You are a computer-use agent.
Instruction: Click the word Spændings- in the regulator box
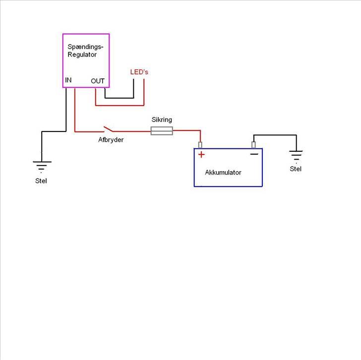pyautogui.click(x=85, y=47)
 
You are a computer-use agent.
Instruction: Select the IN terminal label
pyautogui.click(x=68, y=80)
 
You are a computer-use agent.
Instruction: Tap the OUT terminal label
pyautogui.click(x=98, y=81)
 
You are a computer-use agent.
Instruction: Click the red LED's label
pyautogui.click(x=139, y=72)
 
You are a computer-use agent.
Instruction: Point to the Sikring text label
pyautogui.click(x=161, y=120)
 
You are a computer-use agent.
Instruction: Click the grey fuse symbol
pyautogui.click(x=162, y=131)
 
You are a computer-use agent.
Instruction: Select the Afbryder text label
pyautogui.click(x=111, y=140)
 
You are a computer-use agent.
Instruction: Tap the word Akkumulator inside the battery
pyautogui.click(x=223, y=173)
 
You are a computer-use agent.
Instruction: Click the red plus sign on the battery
pyautogui.click(x=201, y=155)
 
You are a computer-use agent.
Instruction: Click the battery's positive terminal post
pyautogui.click(x=200, y=145)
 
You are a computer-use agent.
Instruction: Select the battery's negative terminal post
pyautogui.click(x=253, y=145)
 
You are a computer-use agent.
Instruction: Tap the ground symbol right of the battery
pyautogui.click(x=296, y=156)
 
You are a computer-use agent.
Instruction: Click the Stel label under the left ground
pyautogui.click(x=41, y=181)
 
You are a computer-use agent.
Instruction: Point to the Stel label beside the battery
pyautogui.click(x=296, y=169)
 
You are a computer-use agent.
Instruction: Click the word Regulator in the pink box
pyautogui.click(x=82, y=55)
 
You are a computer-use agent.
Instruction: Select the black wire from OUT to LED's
pyautogui.click(x=120, y=98)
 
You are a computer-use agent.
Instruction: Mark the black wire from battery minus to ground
pyautogui.click(x=275, y=135)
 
